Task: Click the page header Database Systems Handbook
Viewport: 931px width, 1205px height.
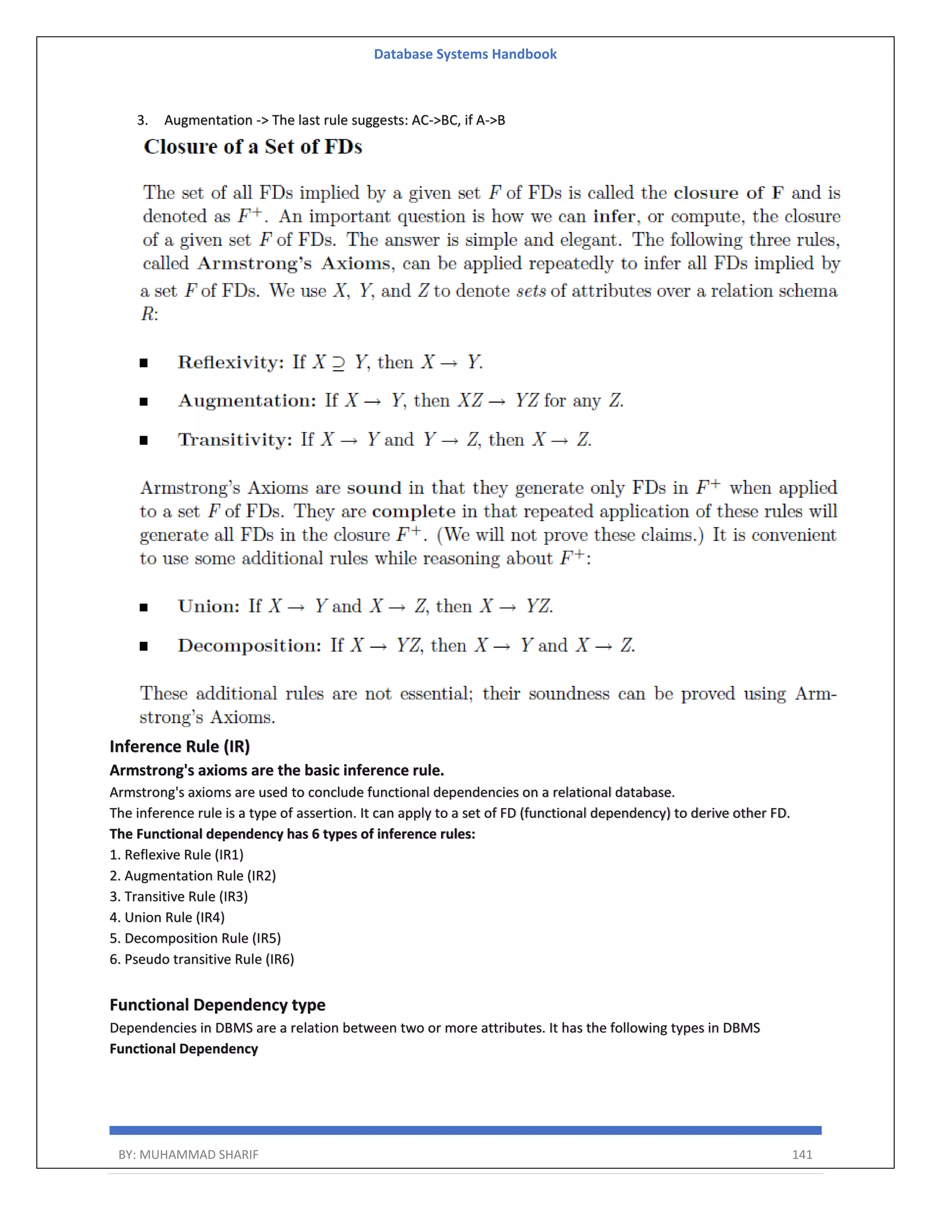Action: (x=465, y=54)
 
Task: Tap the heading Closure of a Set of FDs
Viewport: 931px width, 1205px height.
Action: (x=253, y=147)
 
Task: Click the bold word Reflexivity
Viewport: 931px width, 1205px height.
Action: (x=230, y=362)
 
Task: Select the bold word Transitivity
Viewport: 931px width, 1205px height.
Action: (x=235, y=440)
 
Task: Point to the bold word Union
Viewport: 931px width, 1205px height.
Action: (x=209, y=606)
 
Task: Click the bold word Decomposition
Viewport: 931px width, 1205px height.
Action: (x=249, y=646)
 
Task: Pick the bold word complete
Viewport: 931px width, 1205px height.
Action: (x=413, y=512)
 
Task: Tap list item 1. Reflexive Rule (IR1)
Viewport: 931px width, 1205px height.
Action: (x=176, y=855)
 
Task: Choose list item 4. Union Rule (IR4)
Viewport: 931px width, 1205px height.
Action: (x=167, y=918)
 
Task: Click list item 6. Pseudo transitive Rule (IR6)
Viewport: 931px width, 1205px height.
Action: (x=202, y=959)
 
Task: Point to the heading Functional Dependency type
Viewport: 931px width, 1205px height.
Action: (x=217, y=1005)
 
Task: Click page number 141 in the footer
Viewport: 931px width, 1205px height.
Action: (x=801, y=1155)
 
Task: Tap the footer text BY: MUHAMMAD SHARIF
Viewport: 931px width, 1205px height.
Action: (x=188, y=1155)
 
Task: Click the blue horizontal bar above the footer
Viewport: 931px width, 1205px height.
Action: (x=465, y=1130)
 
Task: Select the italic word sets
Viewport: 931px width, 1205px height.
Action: (x=531, y=291)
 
